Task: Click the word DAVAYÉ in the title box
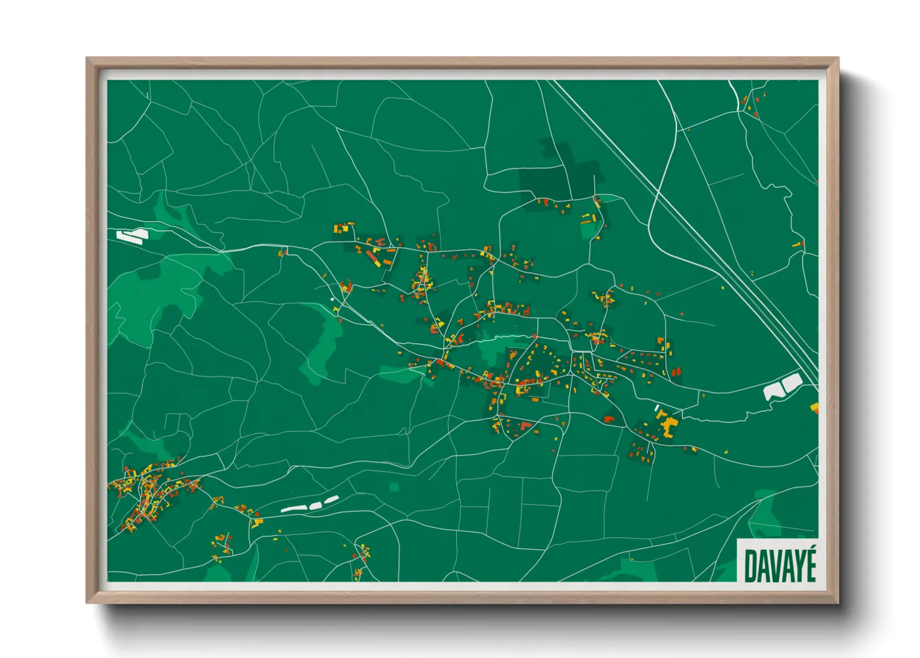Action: [780, 564]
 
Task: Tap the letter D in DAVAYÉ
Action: [750, 565]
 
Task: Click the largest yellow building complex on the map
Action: [669, 427]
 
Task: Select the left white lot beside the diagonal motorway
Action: [773, 391]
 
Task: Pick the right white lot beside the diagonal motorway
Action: [792, 383]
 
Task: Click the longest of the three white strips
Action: [293, 509]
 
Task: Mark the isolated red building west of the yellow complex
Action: [609, 419]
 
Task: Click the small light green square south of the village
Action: [393, 486]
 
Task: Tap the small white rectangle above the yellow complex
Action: [657, 407]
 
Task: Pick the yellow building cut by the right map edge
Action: [814, 408]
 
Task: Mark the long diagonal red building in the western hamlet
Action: [374, 257]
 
